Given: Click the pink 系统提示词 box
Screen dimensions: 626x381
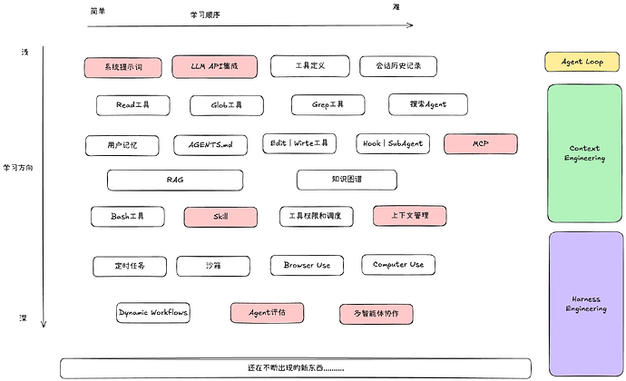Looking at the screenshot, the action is (x=123, y=67).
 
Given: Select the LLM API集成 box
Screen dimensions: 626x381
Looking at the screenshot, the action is (x=214, y=66).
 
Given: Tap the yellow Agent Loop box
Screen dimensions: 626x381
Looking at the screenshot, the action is (x=582, y=62).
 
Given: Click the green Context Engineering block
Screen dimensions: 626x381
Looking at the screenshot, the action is (x=584, y=153).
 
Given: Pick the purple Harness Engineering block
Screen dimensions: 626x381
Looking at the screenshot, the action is (x=586, y=304).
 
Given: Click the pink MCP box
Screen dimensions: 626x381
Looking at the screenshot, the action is (x=481, y=143).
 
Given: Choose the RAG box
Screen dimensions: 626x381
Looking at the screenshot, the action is (x=175, y=181).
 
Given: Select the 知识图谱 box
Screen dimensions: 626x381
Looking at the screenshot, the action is (x=347, y=180).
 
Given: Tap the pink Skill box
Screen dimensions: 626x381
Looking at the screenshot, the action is (x=220, y=217).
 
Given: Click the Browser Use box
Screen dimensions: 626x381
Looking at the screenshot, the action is (x=307, y=265).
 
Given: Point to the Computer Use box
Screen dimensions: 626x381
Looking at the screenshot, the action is (x=398, y=264).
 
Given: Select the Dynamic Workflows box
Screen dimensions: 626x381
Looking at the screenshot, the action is (x=153, y=313).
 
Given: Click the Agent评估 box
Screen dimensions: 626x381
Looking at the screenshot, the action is (x=267, y=313).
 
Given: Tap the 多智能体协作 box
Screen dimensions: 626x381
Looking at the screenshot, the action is (x=377, y=314).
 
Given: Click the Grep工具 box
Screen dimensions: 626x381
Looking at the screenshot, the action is (x=328, y=104).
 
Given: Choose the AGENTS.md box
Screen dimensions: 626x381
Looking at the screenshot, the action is (x=210, y=145).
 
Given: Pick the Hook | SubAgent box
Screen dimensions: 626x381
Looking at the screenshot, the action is (x=393, y=143).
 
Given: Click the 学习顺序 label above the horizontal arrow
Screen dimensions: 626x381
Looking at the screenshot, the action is (x=205, y=15).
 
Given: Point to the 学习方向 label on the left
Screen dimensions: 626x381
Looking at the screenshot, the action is (x=18, y=168).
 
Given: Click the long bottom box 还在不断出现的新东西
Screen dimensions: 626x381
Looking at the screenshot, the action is (x=296, y=368).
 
